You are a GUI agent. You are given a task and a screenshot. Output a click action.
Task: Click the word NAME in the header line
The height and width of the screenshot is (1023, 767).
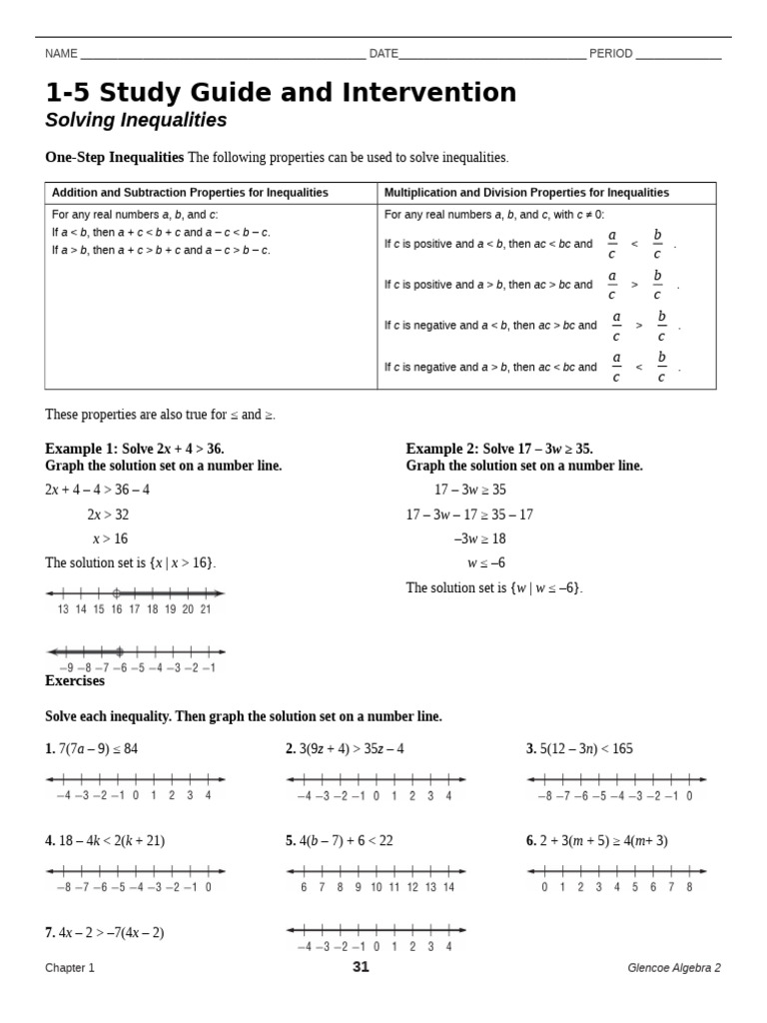pyautogui.click(x=61, y=54)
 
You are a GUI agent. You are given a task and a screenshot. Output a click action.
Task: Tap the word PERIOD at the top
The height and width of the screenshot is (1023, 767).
pyautogui.click(x=610, y=54)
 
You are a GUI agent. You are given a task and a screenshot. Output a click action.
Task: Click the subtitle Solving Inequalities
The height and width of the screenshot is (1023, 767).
pyautogui.click(x=136, y=121)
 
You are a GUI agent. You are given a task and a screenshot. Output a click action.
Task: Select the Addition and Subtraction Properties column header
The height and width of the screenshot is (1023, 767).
pyautogui.click(x=190, y=193)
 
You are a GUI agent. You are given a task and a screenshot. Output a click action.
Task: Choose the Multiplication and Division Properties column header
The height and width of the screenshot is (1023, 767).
pyautogui.click(x=527, y=193)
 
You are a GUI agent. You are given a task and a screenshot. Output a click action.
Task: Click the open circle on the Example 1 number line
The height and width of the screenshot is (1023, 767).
pyautogui.click(x=116, y=592)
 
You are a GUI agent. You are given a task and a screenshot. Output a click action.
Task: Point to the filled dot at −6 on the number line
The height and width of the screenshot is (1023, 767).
pyautogui.click(x=119, y=651)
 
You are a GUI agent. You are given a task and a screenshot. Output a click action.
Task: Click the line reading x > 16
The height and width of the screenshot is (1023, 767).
pyautogui.click(x=110, y=538)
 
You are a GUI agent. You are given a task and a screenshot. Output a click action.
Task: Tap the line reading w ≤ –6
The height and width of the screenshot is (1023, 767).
pyautogui.click(x=486, y=562)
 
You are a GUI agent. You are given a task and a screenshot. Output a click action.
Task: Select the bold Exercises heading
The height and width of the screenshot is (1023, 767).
pyautogui.click(x=75, y=680)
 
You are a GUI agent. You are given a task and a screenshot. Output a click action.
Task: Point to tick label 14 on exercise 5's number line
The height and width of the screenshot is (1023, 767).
pyautogui.click(x=448, y=887)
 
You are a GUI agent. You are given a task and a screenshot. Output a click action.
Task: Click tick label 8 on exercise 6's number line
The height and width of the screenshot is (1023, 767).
pyautogui.click(x=689, y=887)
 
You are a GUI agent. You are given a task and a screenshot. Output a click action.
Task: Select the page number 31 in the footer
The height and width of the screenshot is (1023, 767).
pyautogui.click(x=361, y=967)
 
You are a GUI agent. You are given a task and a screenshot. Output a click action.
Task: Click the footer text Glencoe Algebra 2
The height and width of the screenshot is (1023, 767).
pyautogui.click(x=674, y=968)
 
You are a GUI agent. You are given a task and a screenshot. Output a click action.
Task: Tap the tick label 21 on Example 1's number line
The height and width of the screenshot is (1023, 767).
pyautogui.click(x=205, y=608)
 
